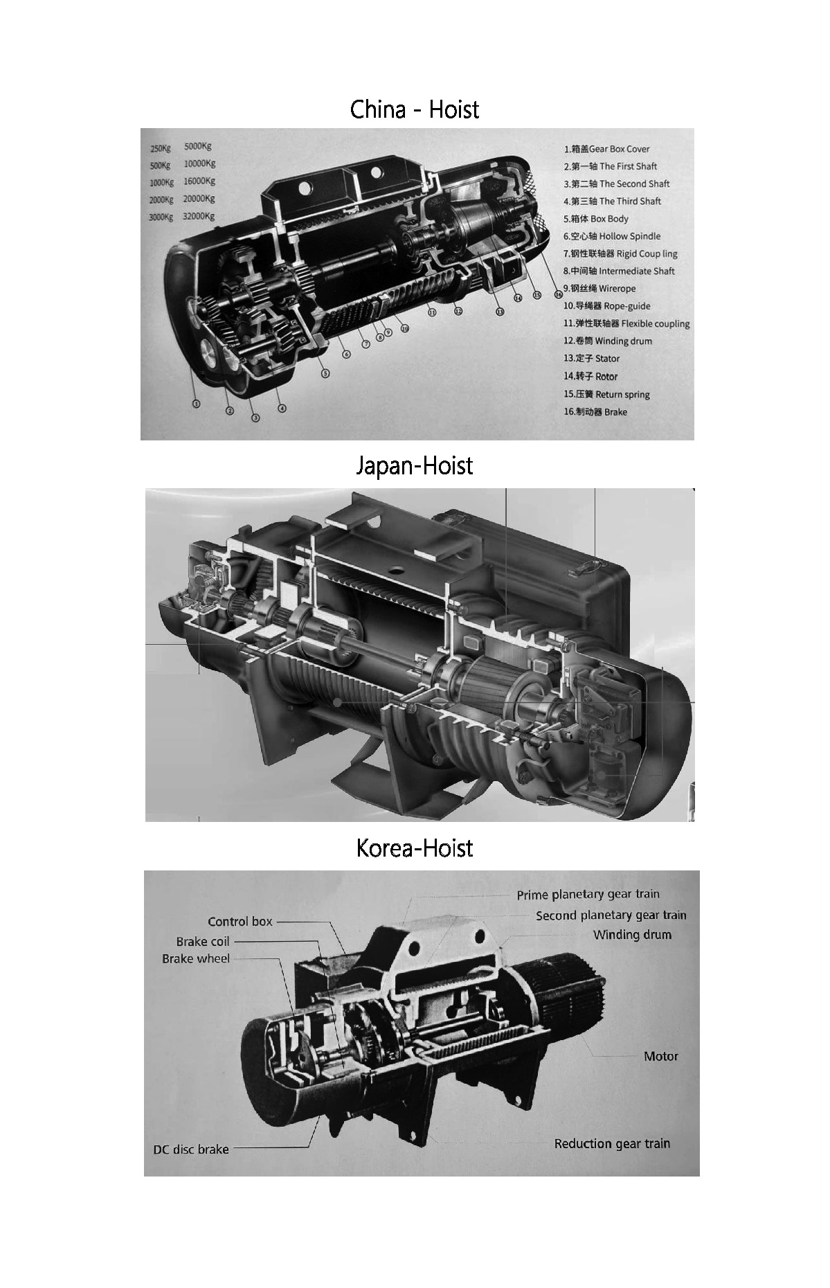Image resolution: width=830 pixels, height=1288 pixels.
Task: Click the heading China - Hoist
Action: [414, 109]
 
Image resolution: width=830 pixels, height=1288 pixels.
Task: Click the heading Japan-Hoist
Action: [414, 465]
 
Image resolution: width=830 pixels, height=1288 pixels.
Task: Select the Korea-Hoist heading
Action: [414, 848]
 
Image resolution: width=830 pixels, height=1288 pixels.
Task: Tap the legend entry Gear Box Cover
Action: [606, 149]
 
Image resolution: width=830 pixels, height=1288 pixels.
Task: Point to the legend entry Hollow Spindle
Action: [612, 236]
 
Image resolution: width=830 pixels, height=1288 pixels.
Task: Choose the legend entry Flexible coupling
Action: [626, 323]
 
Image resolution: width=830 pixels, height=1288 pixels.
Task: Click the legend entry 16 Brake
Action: [595, 412]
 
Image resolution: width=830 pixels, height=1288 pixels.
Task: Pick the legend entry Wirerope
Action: [599, 289]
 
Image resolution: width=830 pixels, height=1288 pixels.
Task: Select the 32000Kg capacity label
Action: [199, 216]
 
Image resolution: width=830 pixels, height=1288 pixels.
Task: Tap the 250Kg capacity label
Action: [161, 148]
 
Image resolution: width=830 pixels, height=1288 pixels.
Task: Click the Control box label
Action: [240, 922]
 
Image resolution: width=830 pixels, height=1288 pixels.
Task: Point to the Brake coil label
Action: [202, 942]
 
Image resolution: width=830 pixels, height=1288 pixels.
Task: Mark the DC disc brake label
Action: [190, 1150]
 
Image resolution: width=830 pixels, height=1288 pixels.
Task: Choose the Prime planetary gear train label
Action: [588, 895]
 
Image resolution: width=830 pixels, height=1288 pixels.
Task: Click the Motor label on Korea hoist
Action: [660, 1057]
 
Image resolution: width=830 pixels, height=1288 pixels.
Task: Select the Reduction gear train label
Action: [612, 1144]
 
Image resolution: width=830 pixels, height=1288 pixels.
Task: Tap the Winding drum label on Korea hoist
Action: [632, 935]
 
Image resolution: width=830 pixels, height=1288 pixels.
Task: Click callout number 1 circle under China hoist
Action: [196, 404]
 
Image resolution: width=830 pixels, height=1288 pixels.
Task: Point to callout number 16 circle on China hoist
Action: [559, 294]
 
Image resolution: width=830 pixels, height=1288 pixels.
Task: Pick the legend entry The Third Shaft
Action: [612, 202]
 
